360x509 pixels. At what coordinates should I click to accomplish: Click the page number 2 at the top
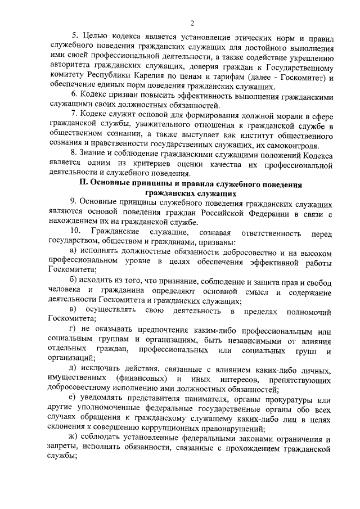[192, 24]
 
